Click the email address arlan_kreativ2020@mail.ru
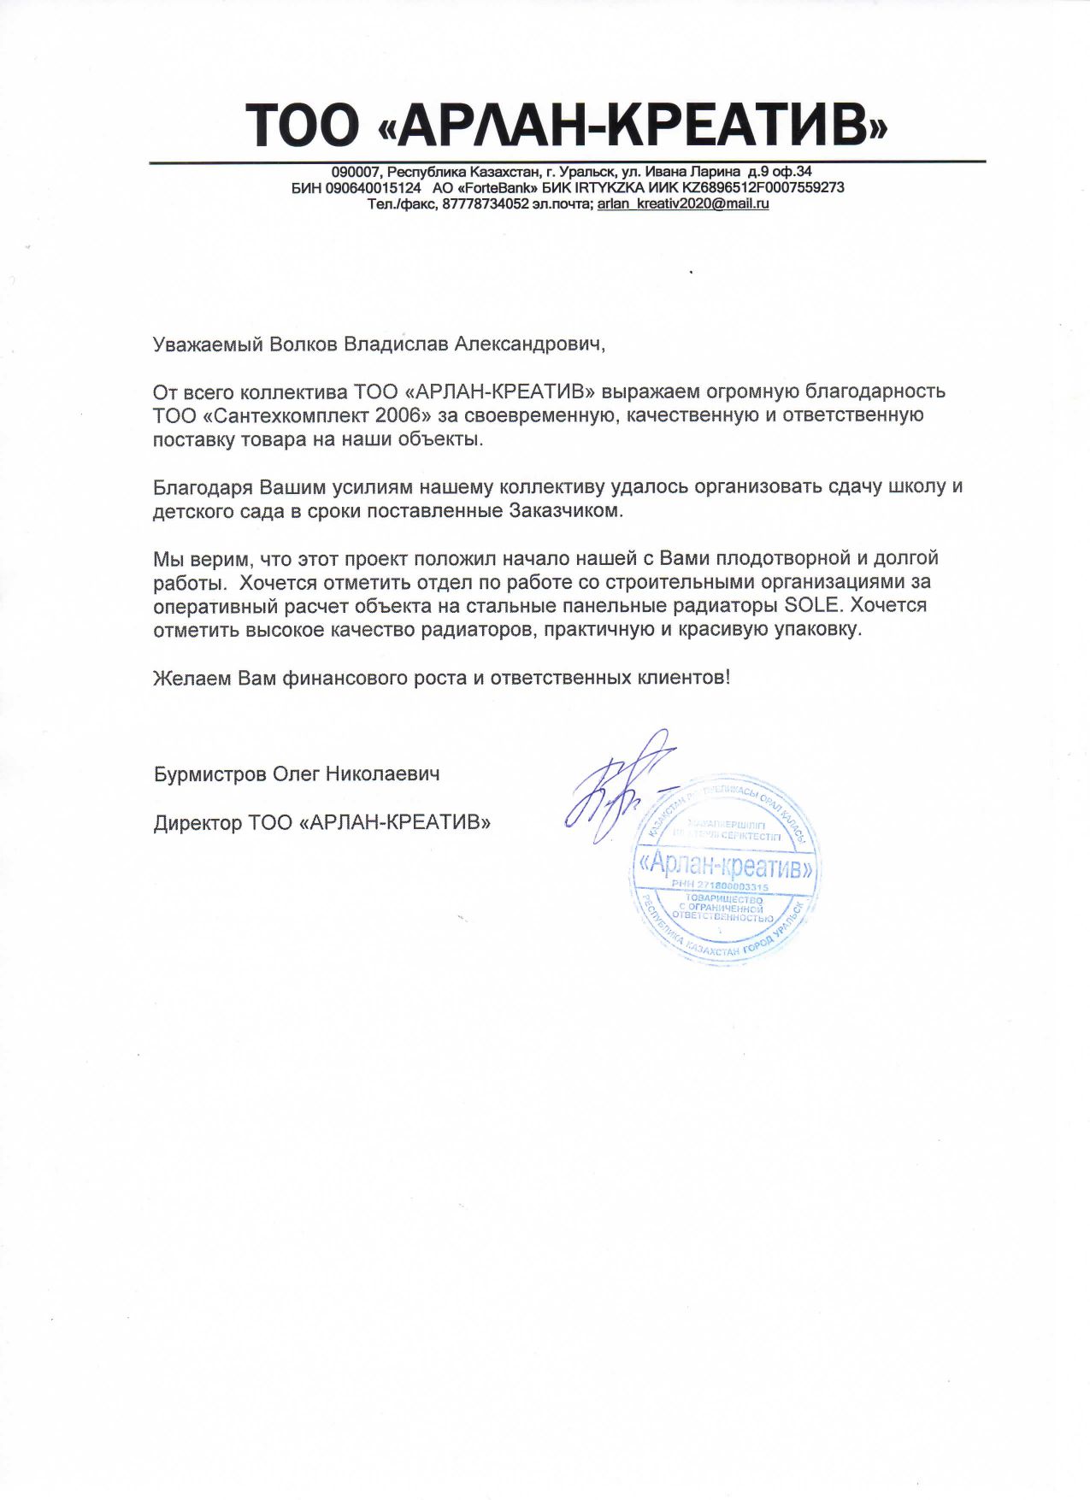682,204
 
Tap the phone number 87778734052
486,204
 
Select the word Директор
197,823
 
